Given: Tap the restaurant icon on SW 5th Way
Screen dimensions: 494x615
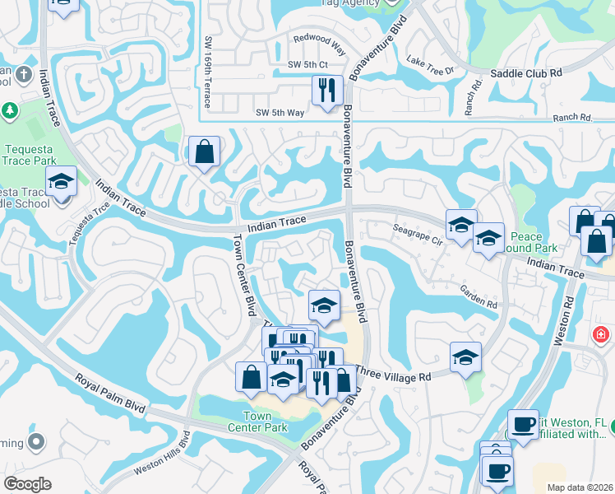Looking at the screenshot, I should coord(327,90).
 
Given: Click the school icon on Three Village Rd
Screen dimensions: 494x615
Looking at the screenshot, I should coord(465,357).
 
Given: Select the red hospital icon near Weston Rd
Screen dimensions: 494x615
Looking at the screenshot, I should coord(601,335).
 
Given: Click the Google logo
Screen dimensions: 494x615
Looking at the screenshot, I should coord(27,484).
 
